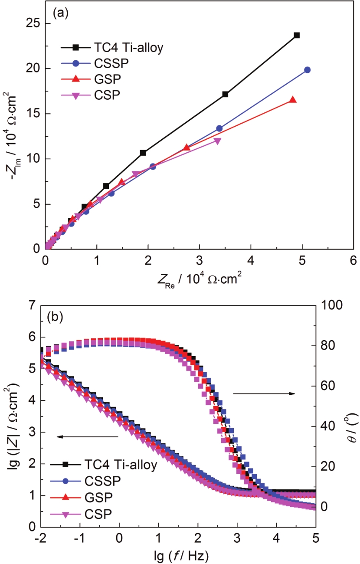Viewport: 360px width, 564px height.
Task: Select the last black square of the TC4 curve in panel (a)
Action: pos(297,35)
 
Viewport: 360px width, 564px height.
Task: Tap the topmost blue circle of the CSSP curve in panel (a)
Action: pos(308,70)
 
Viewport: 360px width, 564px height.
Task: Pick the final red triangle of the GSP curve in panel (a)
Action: pos(293,100)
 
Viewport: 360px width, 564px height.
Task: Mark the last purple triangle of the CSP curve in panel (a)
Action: pos(218,141)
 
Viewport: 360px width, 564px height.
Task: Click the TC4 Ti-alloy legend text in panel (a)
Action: pos(128,48)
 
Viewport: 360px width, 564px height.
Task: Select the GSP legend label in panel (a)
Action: pos(103,80)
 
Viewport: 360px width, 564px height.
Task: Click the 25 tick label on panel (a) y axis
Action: pos(31,23)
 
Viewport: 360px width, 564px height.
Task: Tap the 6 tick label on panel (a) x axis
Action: pos(353,260)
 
